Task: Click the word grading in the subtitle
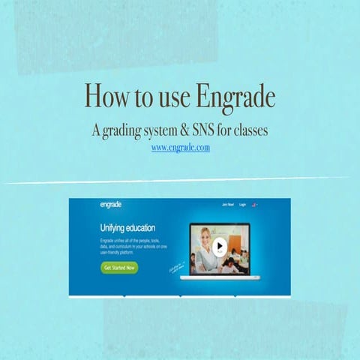pyautogui.click(x=123, y=130)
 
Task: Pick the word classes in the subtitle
pyautogui.click(x=249, y=130)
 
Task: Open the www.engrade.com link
pyautogui.click(x=180, y=148)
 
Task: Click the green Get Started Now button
pyautogui.click(x=120, y=267)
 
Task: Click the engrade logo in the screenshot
pyautogui.click(x=111, y=205)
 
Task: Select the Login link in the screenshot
pyautogui.click(x=243, y=205)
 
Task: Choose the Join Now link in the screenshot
pyautogui.click(x=226, y=205)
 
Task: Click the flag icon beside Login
pyautogui.click(x=255, y=205)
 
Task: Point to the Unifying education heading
pyautogui.click(x=129, y=226)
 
